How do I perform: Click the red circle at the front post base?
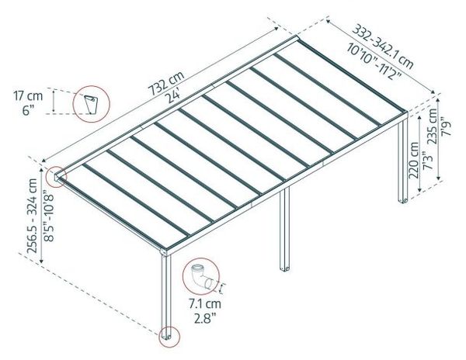167,337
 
